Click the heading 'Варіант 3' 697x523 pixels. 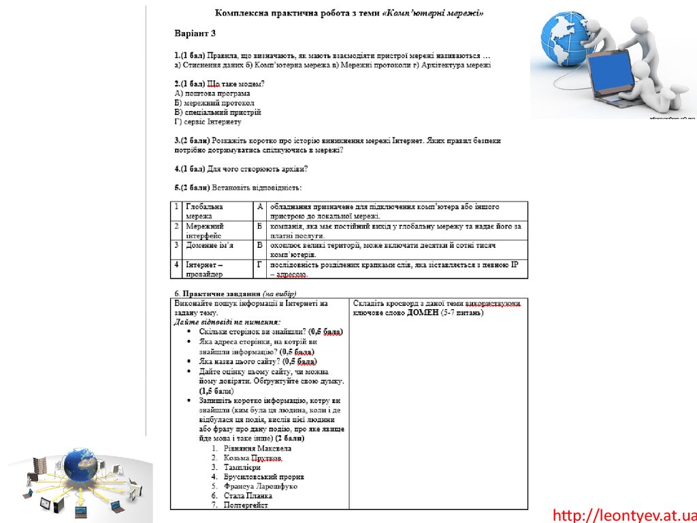195,33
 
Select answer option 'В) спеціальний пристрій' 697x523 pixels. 218,112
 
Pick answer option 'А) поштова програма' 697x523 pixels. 212,93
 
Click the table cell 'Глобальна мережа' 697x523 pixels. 208,210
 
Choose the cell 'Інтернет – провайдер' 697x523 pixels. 208,269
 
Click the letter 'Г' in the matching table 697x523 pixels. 259,264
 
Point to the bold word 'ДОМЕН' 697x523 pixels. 423,313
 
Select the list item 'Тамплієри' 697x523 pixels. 242,468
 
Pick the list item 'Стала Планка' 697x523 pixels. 248,496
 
